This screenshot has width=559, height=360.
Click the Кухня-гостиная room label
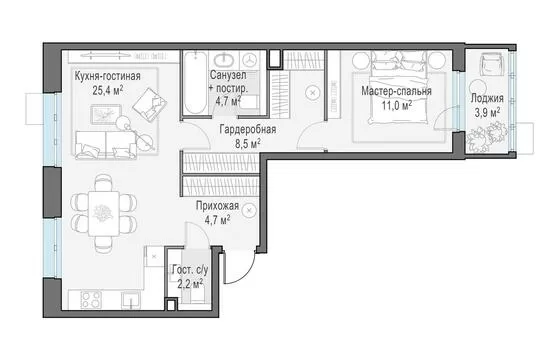click(x=107, y=76)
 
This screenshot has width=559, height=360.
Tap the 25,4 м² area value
click(x=108, y=90)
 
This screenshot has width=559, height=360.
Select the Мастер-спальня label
click(x=396, y=91)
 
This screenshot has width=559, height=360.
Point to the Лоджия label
click(x=487, y=98)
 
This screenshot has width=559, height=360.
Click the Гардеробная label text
click(x=248, y=129)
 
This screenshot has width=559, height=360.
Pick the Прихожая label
click(x=217, y=206)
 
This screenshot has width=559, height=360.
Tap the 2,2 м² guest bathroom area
click(x=190, y=284)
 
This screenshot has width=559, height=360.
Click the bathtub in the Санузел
click(x=196, y=83)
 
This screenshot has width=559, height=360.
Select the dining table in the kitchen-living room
click(x=104, y=213)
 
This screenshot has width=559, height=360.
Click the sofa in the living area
click(x=106, y=144)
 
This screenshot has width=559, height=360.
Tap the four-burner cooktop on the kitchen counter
click(x=91, y=300)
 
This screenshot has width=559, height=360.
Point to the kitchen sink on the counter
click(x=131, y=300)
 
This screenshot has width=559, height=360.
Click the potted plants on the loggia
click(x=487, y=137)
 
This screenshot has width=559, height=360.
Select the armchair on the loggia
click(x=491, y=64)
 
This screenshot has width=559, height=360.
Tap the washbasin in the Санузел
click(x=224, y=60)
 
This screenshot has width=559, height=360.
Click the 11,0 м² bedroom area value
click(x=397, y=106)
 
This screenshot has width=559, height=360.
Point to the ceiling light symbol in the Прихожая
click(x=249, y=210)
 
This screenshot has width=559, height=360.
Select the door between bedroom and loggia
click(x=444, y=118)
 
